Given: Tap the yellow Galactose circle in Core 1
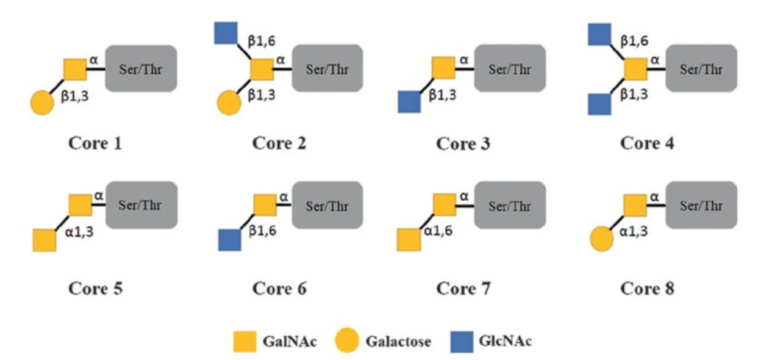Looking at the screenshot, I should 42,103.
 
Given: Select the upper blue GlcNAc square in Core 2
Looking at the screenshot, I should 226,32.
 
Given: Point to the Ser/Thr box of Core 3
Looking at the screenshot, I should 510,68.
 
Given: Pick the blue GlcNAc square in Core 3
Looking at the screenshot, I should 409,101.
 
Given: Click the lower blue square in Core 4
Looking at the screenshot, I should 599,103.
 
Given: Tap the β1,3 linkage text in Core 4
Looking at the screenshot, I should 634,95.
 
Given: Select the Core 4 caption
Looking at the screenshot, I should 647,143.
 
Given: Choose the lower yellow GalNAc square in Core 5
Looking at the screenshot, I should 44,240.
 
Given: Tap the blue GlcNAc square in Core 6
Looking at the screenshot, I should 230,240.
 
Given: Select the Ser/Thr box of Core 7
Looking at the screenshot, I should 510,205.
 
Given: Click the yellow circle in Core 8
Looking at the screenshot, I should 601,240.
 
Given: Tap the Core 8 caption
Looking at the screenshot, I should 647,288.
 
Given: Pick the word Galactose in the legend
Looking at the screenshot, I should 398,341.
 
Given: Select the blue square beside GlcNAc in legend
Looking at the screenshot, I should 462,341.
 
